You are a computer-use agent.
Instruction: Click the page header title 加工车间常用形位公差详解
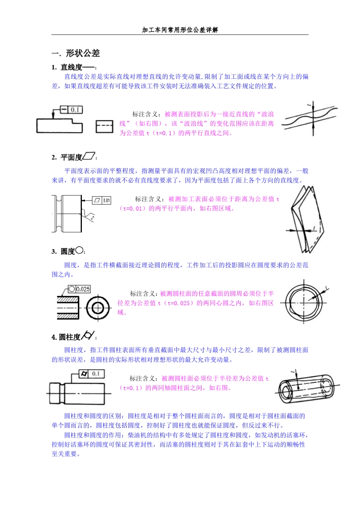tap(180, 30)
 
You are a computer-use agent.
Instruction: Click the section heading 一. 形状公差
tap(76, 53)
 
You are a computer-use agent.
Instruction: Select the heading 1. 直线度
tap(72, 67)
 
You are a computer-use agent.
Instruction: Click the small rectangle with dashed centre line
tap(104, 126)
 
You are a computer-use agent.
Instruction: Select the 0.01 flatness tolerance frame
tap(102, 200)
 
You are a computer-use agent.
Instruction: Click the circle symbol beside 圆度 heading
tap(79, 250)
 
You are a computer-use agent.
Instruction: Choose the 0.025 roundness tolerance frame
tap(79, 289)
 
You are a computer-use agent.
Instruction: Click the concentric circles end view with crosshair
tap(98, 308)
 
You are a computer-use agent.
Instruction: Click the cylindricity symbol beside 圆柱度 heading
tap(88, 335)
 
